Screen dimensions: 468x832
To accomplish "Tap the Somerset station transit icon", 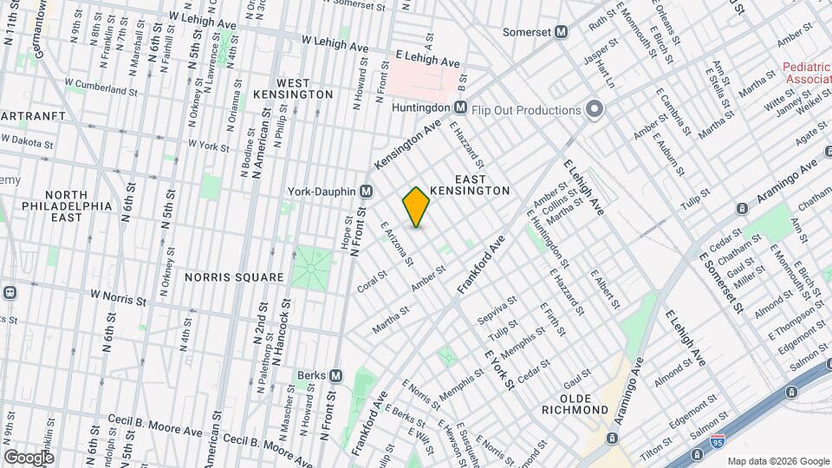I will click(562, 32).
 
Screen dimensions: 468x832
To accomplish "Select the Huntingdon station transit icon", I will click(461, 108).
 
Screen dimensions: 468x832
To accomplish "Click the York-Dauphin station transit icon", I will click(367, 191).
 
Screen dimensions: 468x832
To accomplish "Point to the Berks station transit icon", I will click(335, 375).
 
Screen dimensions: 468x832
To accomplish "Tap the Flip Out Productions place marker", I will click(594, 109).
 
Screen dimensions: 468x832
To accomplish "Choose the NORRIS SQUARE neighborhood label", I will click(234, 277).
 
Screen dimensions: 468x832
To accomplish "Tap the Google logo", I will click(29, 457).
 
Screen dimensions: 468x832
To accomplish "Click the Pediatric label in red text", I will click(806, 67).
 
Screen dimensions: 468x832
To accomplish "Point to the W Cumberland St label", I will click(101, 87).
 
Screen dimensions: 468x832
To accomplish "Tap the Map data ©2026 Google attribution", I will click(777, 461).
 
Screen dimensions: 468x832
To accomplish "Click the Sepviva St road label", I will click(497, 309).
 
